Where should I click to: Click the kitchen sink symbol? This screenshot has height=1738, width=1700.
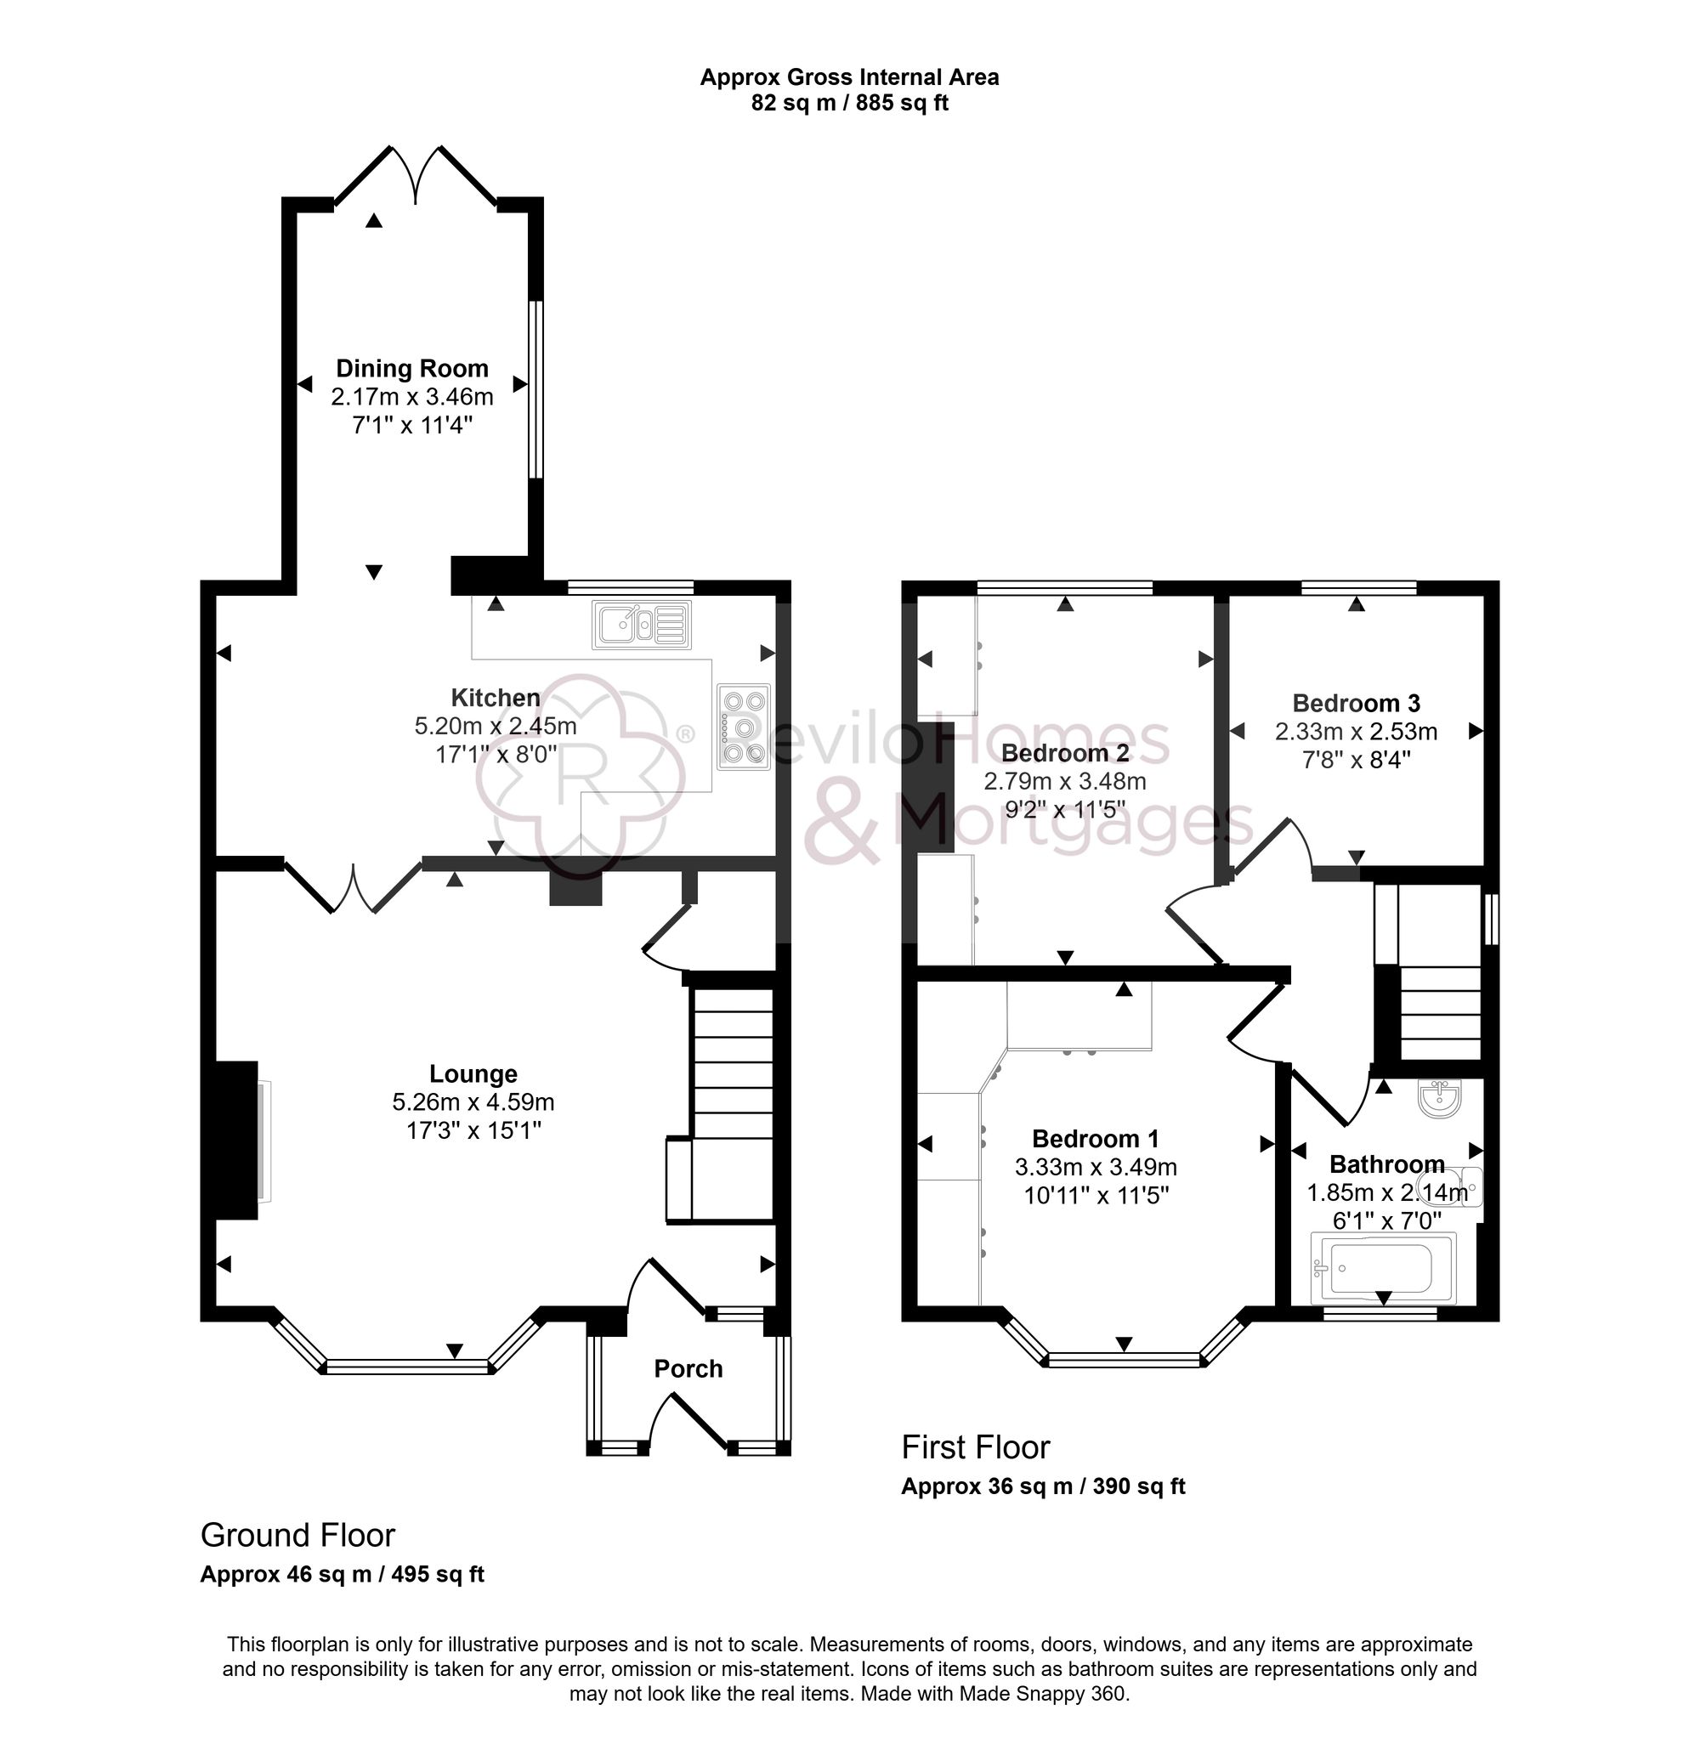pyautogui.click(x=641, y=624)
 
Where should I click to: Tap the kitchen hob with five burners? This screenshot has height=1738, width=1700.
pyautogui.click(x=742, y=727)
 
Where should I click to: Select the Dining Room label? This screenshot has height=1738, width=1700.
pyautogui.click(x=411, y=369)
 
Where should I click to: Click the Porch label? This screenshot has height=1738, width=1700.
pyautogui.click(x=688, y=1368)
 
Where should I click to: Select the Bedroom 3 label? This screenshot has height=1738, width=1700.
pyautogui.click(x=1356, y=704)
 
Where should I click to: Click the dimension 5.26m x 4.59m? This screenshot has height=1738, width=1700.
pyautogui.click(x=473, y=1102)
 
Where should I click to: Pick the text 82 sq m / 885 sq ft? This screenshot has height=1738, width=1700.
pyautogui.click(x=849, y=104)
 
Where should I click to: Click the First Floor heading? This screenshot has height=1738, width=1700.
pyautogui.click(x=975, y=1447)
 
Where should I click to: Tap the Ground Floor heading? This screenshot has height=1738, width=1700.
pyautogui.click(x=297, y=1535)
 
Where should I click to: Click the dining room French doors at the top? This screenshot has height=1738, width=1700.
pyautogui.click(x=415, y=175)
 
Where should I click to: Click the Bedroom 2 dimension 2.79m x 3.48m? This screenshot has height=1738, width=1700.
pyautogui.click(x=1064, y=782)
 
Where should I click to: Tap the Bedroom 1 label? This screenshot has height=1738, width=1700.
pyautogui.click(x=1095, y=1139)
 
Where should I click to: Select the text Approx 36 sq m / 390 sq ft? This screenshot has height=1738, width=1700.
pyautogui.click(x=1042, y=1486)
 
